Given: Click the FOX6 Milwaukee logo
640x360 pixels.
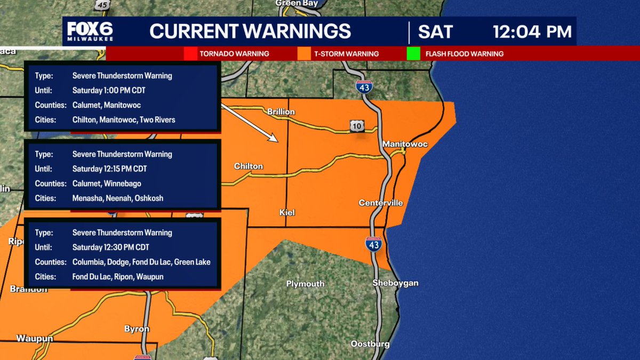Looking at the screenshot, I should (x=90, y=31).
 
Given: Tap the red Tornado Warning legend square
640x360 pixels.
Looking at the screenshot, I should (x=190, y=54).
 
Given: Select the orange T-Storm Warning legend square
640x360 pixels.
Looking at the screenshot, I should (x=304, y=54).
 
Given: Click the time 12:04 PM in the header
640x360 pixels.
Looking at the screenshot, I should (x=532, y=31).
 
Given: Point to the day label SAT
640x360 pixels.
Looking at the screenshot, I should (x=436, y=31).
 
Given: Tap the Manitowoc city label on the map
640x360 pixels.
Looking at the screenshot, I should (x=405, y=144).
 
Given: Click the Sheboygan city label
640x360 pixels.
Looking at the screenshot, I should (x=395, y=283).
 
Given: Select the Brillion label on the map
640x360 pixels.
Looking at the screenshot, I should (x=281, y=112).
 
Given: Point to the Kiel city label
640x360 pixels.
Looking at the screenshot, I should (x=287, y=212).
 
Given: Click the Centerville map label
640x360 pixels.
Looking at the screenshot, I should (x=381, y=203).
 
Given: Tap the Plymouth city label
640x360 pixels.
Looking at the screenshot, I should (x=305, y=284).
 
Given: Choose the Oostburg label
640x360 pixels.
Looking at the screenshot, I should (x=370, y=344).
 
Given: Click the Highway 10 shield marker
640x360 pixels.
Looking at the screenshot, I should (x=357, y=125).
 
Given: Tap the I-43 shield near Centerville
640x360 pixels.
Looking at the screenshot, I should (x=373, y=245).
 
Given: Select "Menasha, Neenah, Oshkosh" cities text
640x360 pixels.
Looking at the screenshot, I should (x=118, y=198).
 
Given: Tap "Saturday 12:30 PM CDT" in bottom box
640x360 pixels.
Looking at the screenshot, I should (x=110, y=247).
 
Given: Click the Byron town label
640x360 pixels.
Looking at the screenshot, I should (x=137, y=329).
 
